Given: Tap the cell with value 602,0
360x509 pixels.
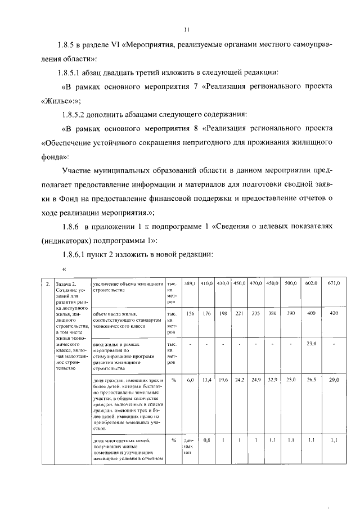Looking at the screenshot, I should click(309, 283).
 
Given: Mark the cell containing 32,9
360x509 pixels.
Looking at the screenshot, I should click(272, 381).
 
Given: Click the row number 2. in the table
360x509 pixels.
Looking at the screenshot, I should click(48, 283).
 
